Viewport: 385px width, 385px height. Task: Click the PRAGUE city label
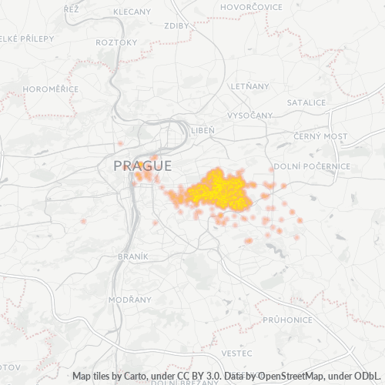[x=142, y=166]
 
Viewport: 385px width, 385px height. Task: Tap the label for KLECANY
[x=132, y=12]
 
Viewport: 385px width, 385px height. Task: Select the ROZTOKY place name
[x=115, y=42]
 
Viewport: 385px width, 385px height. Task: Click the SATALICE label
[x=306, y=102]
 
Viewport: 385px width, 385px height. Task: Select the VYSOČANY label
[x=249, y=115]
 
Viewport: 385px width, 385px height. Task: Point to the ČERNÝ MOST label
[x=320, y=136]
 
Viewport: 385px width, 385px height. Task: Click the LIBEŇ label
[x=203, y=130]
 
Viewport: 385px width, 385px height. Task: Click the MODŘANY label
[x=125, y=299]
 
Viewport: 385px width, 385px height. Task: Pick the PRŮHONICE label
[x=286, y=319]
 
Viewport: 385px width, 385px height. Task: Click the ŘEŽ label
[x=72, y=8]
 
